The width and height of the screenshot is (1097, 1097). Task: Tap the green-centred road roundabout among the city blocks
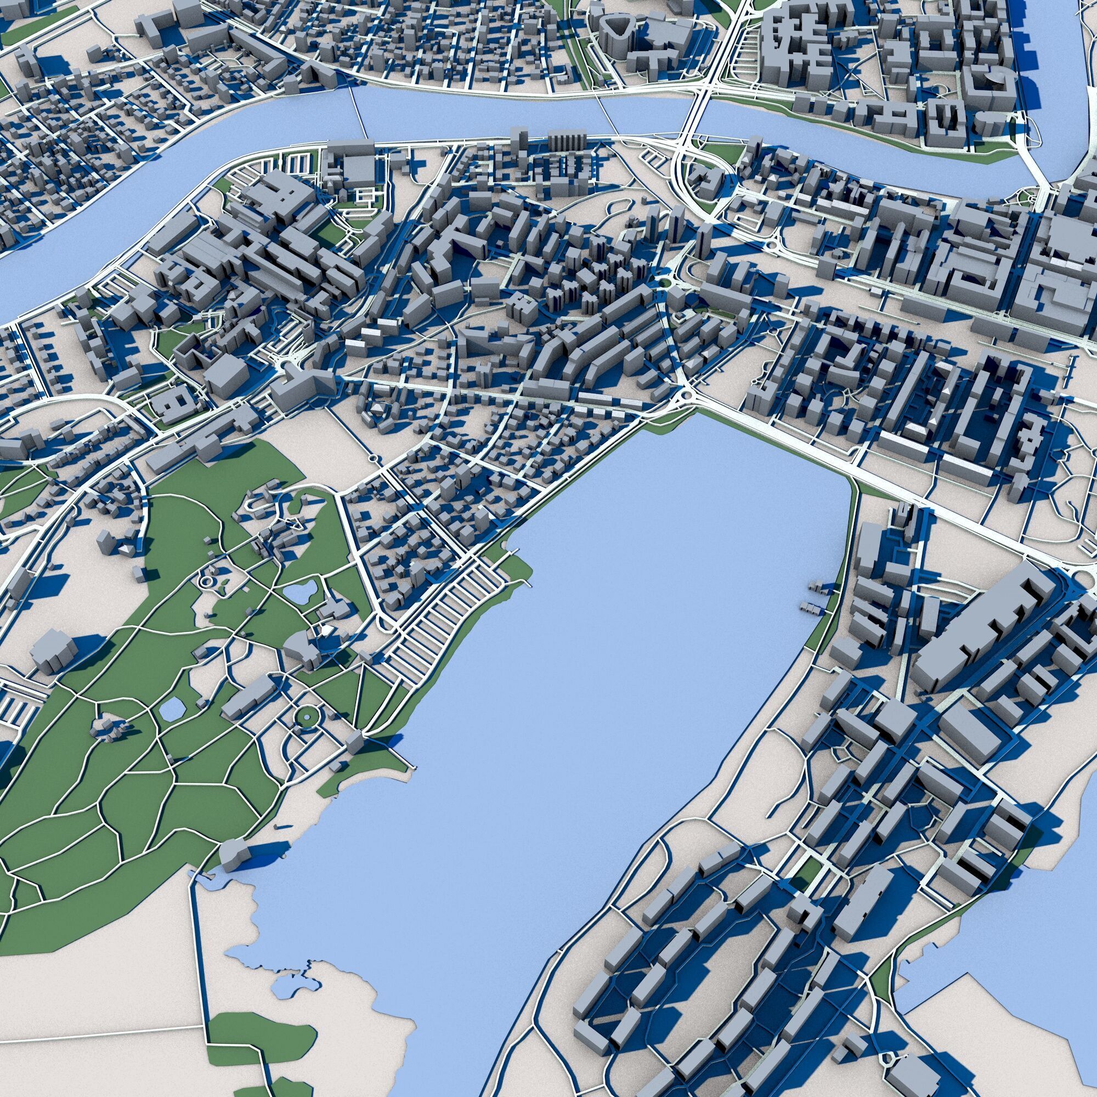[x=663, y=282]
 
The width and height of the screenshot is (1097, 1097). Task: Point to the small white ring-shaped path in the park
[x=206, y=581]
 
